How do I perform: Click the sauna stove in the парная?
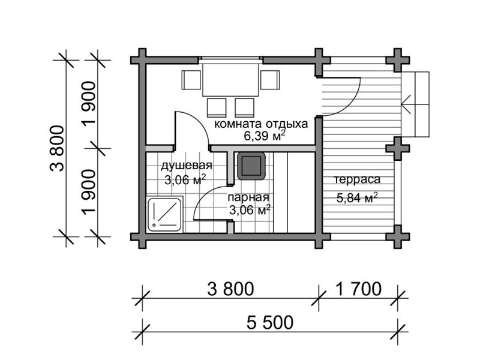point(251,166)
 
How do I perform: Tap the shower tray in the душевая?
point(164,214)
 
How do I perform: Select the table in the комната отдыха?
point(230,80)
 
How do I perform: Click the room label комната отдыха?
point(261,124)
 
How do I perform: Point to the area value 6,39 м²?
point(265,136)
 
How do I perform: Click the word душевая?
point(187,166)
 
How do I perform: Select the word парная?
point(248,197)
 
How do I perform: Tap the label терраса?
point(357,179)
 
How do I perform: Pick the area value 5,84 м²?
point(357,198)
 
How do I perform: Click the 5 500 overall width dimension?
point(270,322)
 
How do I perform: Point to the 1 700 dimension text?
point(358,289)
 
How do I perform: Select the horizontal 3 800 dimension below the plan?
point(230,289)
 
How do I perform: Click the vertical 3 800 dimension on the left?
point(57,148)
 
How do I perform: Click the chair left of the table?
point(191,80)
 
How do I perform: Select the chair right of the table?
point(270,80)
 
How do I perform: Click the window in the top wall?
point(230,59)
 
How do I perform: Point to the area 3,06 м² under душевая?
point(185,179)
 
